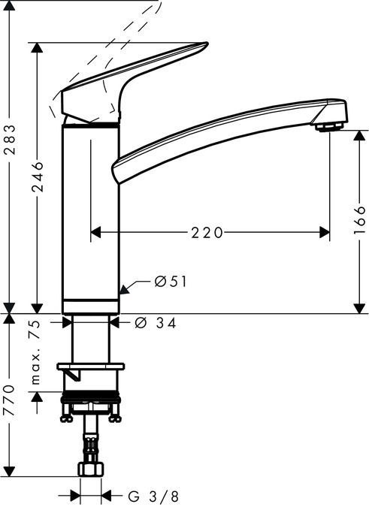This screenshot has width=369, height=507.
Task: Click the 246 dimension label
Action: (x=38, y=177)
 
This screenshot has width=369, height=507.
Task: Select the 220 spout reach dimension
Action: (x=206, y=233)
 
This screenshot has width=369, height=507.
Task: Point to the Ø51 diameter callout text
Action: (x=170, y=282)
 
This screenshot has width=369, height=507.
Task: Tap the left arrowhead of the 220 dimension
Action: (x=95, y=233)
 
